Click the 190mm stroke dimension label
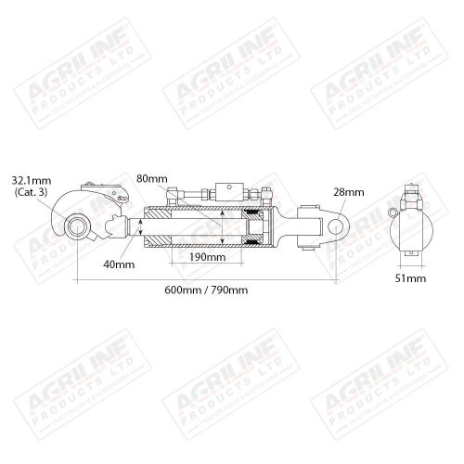pyautogui.click(x=206, y=256)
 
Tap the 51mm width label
pyautogui.click(x=410, y=277)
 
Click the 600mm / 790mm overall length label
pyautogui.click(x=206, y=291)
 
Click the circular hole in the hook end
pyautogui.click(x=76, y=224)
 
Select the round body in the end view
pyautogui.click(x=410, y=229)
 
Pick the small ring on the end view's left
pyautogui.click(x=393, y=210)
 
